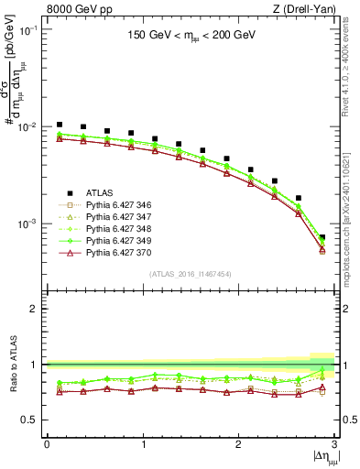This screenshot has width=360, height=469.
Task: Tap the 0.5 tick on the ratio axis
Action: click(x=34, y=420)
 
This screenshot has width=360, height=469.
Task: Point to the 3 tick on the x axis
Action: click(x=335, y=444)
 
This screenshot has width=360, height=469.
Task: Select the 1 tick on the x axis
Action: click(x=143, y=444)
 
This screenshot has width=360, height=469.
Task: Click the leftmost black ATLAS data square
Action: click(x=60, y=124)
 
